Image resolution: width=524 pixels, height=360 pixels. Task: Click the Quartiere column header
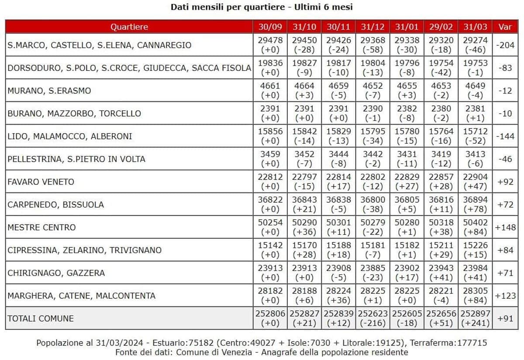129,27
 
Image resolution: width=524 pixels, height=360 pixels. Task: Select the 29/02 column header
441,27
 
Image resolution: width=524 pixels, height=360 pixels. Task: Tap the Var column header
505,27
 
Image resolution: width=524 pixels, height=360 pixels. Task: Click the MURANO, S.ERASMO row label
49,91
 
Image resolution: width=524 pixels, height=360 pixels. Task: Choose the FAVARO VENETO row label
41,182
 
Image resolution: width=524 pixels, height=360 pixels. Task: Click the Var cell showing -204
505,45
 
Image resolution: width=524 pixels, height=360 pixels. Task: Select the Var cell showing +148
505,227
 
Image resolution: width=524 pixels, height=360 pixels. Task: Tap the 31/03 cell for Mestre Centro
475,227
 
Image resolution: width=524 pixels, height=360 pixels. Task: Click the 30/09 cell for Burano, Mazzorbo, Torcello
270,114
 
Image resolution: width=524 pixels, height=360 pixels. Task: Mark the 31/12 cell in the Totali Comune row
372,318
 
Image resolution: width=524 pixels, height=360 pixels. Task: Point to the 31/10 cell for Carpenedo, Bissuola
304,204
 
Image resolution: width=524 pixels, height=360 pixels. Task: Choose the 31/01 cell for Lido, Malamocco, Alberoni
407,136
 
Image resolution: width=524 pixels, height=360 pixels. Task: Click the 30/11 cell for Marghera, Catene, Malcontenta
338,296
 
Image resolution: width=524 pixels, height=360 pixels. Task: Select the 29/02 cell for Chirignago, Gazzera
441,273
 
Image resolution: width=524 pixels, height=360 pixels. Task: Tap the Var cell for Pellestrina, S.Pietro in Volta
505,159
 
